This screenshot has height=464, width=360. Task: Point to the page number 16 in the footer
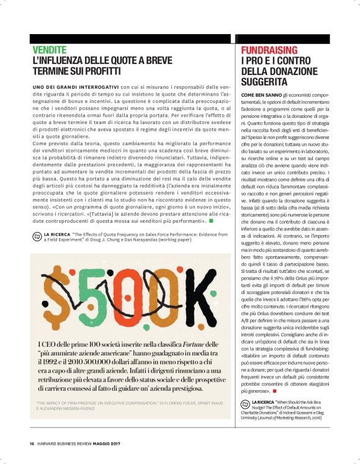tap(32, 444)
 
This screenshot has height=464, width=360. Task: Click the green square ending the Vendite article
tap(211, 220)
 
